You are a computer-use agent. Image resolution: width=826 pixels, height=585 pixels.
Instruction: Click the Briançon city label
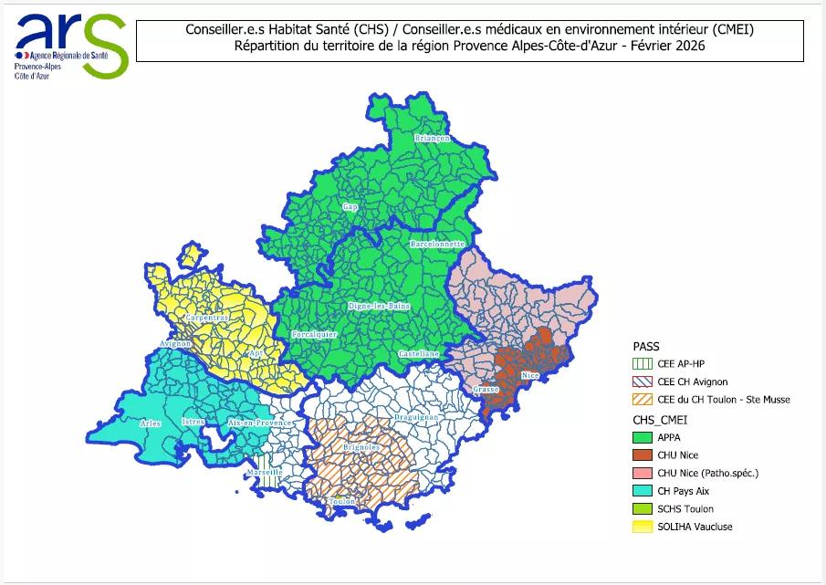[x=433, y=138]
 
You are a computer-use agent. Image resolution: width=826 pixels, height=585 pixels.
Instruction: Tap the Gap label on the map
[x=349, y=207]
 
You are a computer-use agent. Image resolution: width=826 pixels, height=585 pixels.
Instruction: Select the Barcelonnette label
[x=438, y=245]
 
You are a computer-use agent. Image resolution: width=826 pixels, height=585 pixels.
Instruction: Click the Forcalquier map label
[x=314, y=335]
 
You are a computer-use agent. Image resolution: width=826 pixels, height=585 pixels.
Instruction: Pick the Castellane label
[x=419, y=353]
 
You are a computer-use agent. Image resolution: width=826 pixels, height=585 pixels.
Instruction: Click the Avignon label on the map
[x=175, y=344]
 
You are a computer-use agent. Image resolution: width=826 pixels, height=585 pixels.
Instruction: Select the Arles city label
[x=151, y=423]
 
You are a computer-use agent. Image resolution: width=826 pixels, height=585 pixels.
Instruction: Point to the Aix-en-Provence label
[x=259, y=423]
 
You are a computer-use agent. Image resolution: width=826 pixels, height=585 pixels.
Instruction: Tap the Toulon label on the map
[x=344, y=502]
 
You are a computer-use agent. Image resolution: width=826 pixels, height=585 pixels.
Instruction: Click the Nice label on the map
[x=529, y=375]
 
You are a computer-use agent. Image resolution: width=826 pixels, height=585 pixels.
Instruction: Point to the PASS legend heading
[x=645, y=347]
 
